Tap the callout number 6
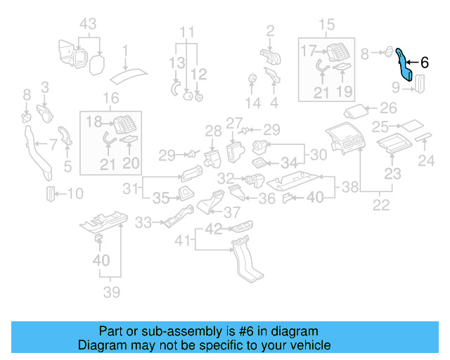point(424,62)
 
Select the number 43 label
point(88,24)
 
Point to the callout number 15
point(328,26)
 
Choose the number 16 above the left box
point(111,98)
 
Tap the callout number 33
point(143,223)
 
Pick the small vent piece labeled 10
point(51,193)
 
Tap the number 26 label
point(388,109)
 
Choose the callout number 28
point(213,130)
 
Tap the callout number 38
point(349,188)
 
